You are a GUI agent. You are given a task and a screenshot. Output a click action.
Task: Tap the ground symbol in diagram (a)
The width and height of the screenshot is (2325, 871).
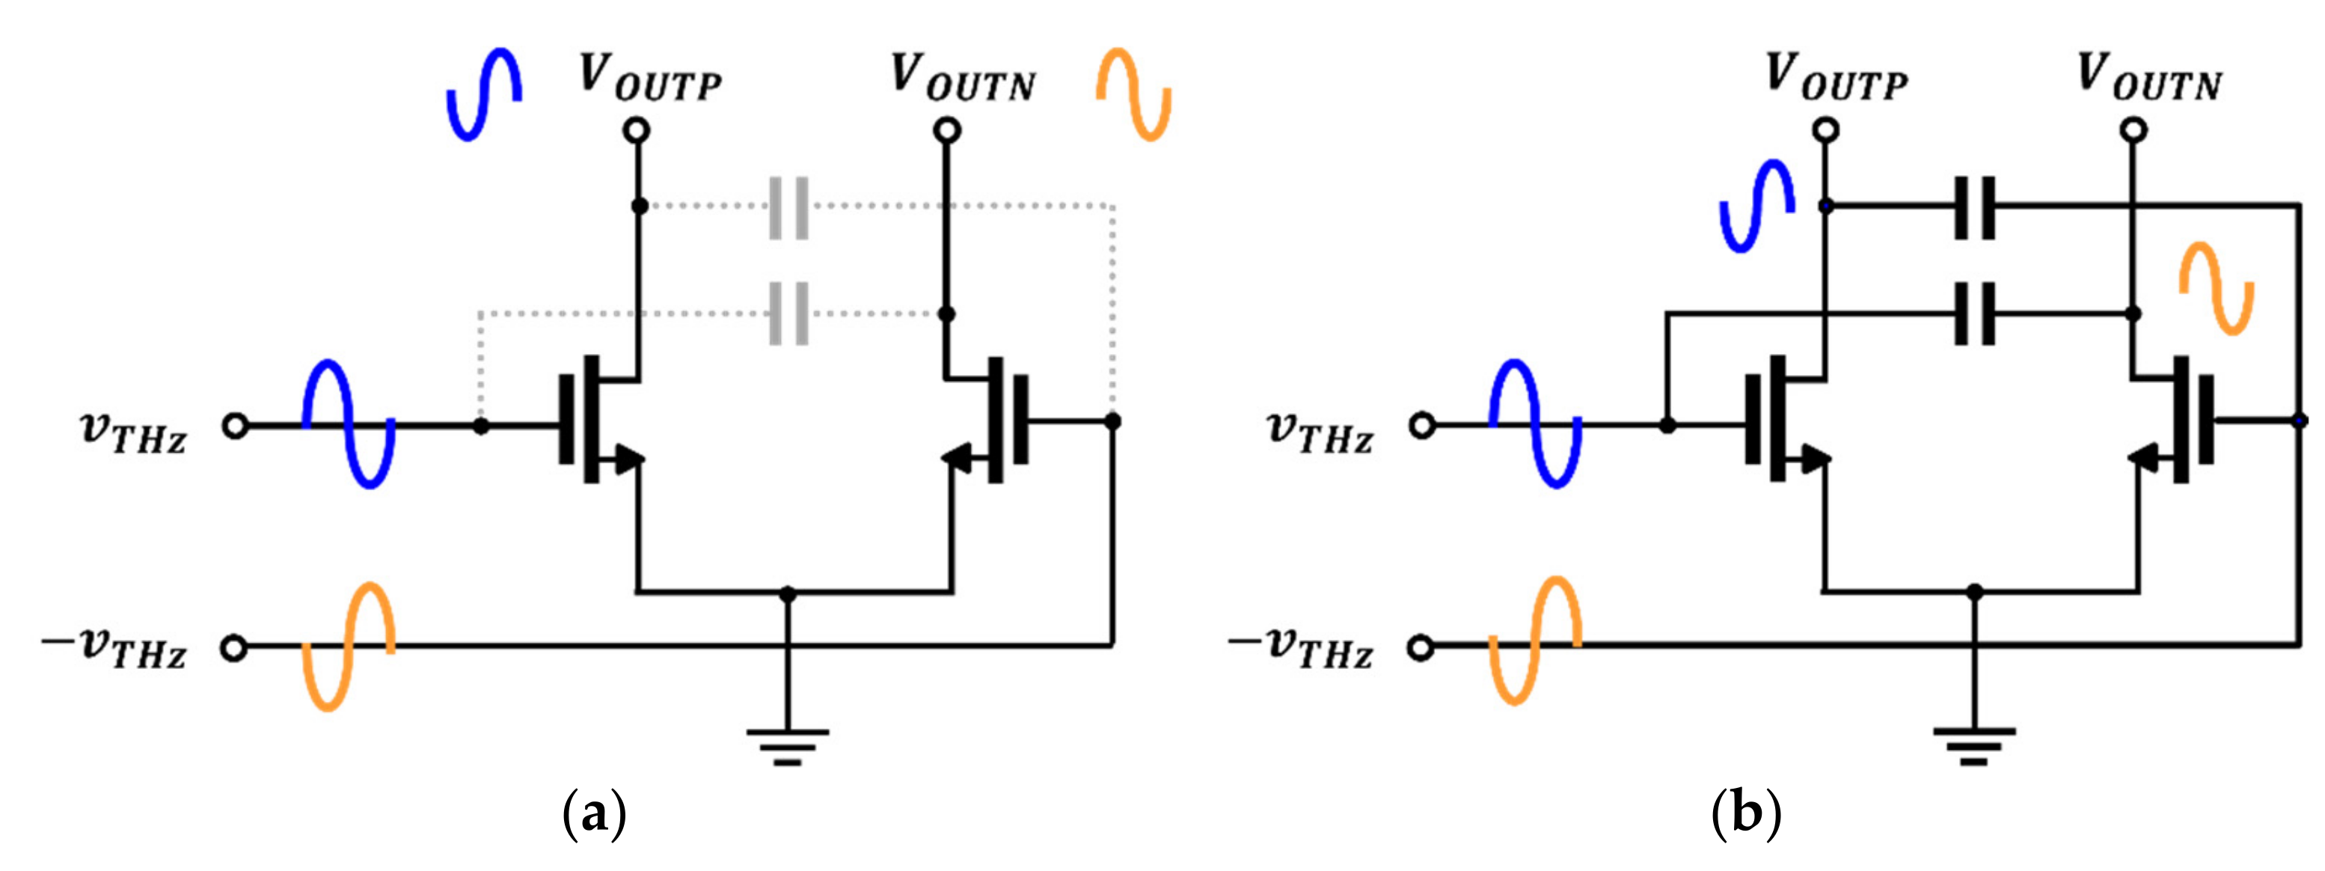787,745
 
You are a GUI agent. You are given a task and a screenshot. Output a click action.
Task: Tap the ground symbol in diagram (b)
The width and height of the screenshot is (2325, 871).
1974,745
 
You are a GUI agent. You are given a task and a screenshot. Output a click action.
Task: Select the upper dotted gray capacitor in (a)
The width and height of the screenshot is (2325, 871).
788,207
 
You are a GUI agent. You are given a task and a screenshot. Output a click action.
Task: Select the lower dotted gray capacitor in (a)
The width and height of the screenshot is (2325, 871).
788,314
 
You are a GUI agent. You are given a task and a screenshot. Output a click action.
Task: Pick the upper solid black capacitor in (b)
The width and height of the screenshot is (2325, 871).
1974,207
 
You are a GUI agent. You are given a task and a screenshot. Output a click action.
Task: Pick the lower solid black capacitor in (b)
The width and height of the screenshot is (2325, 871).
1974,314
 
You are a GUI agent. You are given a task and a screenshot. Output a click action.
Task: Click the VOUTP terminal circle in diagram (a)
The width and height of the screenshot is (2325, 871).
637,131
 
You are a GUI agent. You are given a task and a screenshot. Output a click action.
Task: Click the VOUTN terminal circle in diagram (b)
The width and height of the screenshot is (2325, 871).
2133,131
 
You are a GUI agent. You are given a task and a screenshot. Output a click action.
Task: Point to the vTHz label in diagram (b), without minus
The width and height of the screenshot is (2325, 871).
1320,432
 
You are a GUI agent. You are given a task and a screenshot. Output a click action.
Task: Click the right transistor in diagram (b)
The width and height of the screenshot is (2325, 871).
2175,421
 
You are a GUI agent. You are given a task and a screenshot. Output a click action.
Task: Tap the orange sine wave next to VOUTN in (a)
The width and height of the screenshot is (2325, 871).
1133,95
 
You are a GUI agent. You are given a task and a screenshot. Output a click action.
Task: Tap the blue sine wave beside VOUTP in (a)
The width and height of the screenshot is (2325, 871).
485,95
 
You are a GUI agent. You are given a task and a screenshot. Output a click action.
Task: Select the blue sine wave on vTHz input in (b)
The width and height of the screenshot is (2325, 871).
1534,424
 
